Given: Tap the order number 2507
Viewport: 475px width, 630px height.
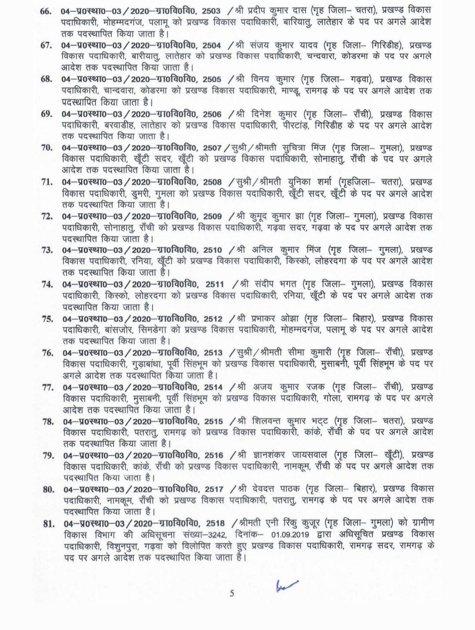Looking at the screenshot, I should click(x=213, y=148).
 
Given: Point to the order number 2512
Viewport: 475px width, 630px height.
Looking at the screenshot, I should click(x=213, y=319).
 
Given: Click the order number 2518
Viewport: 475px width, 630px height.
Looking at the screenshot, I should click(x=215, y=524).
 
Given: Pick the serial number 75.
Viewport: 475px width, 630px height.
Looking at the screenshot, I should click(x=47, y=319).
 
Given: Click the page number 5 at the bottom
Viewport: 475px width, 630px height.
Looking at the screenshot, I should click(x=232, y=593).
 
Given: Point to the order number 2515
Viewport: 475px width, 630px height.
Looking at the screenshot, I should click(x=214, y=421).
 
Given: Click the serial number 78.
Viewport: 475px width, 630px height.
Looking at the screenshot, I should click(x=48, y=421).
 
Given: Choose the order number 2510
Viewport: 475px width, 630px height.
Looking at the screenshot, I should click(x=214, y=250).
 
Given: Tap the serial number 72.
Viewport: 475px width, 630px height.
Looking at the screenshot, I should click(x=47, y=216).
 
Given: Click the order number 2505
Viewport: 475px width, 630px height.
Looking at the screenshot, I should click(x=214, y=80).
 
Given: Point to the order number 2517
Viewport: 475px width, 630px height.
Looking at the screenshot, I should click(x=214, y=489).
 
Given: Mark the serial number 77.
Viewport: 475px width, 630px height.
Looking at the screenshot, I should click(x=48, y=387).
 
